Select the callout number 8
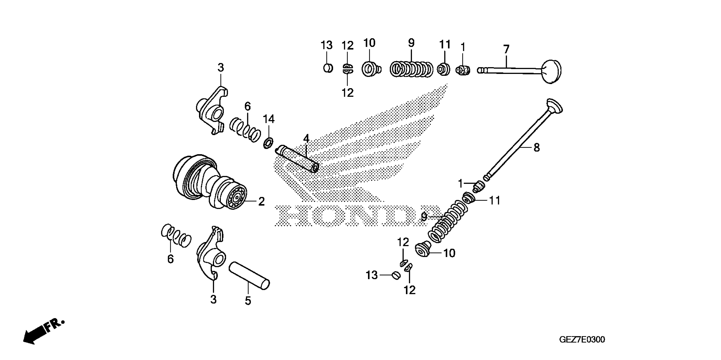tap(536, 148)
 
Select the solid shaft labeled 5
tap(249, 275)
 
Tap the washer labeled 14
tap(268, 143)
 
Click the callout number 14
tap(269, 119)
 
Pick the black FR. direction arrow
tap(35, 336)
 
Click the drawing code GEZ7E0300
tap(582, 340)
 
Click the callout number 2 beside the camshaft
tap(261, 201)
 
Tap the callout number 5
tap(248, 301)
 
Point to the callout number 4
tap(306, 139)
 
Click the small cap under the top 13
tap(328, 68)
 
